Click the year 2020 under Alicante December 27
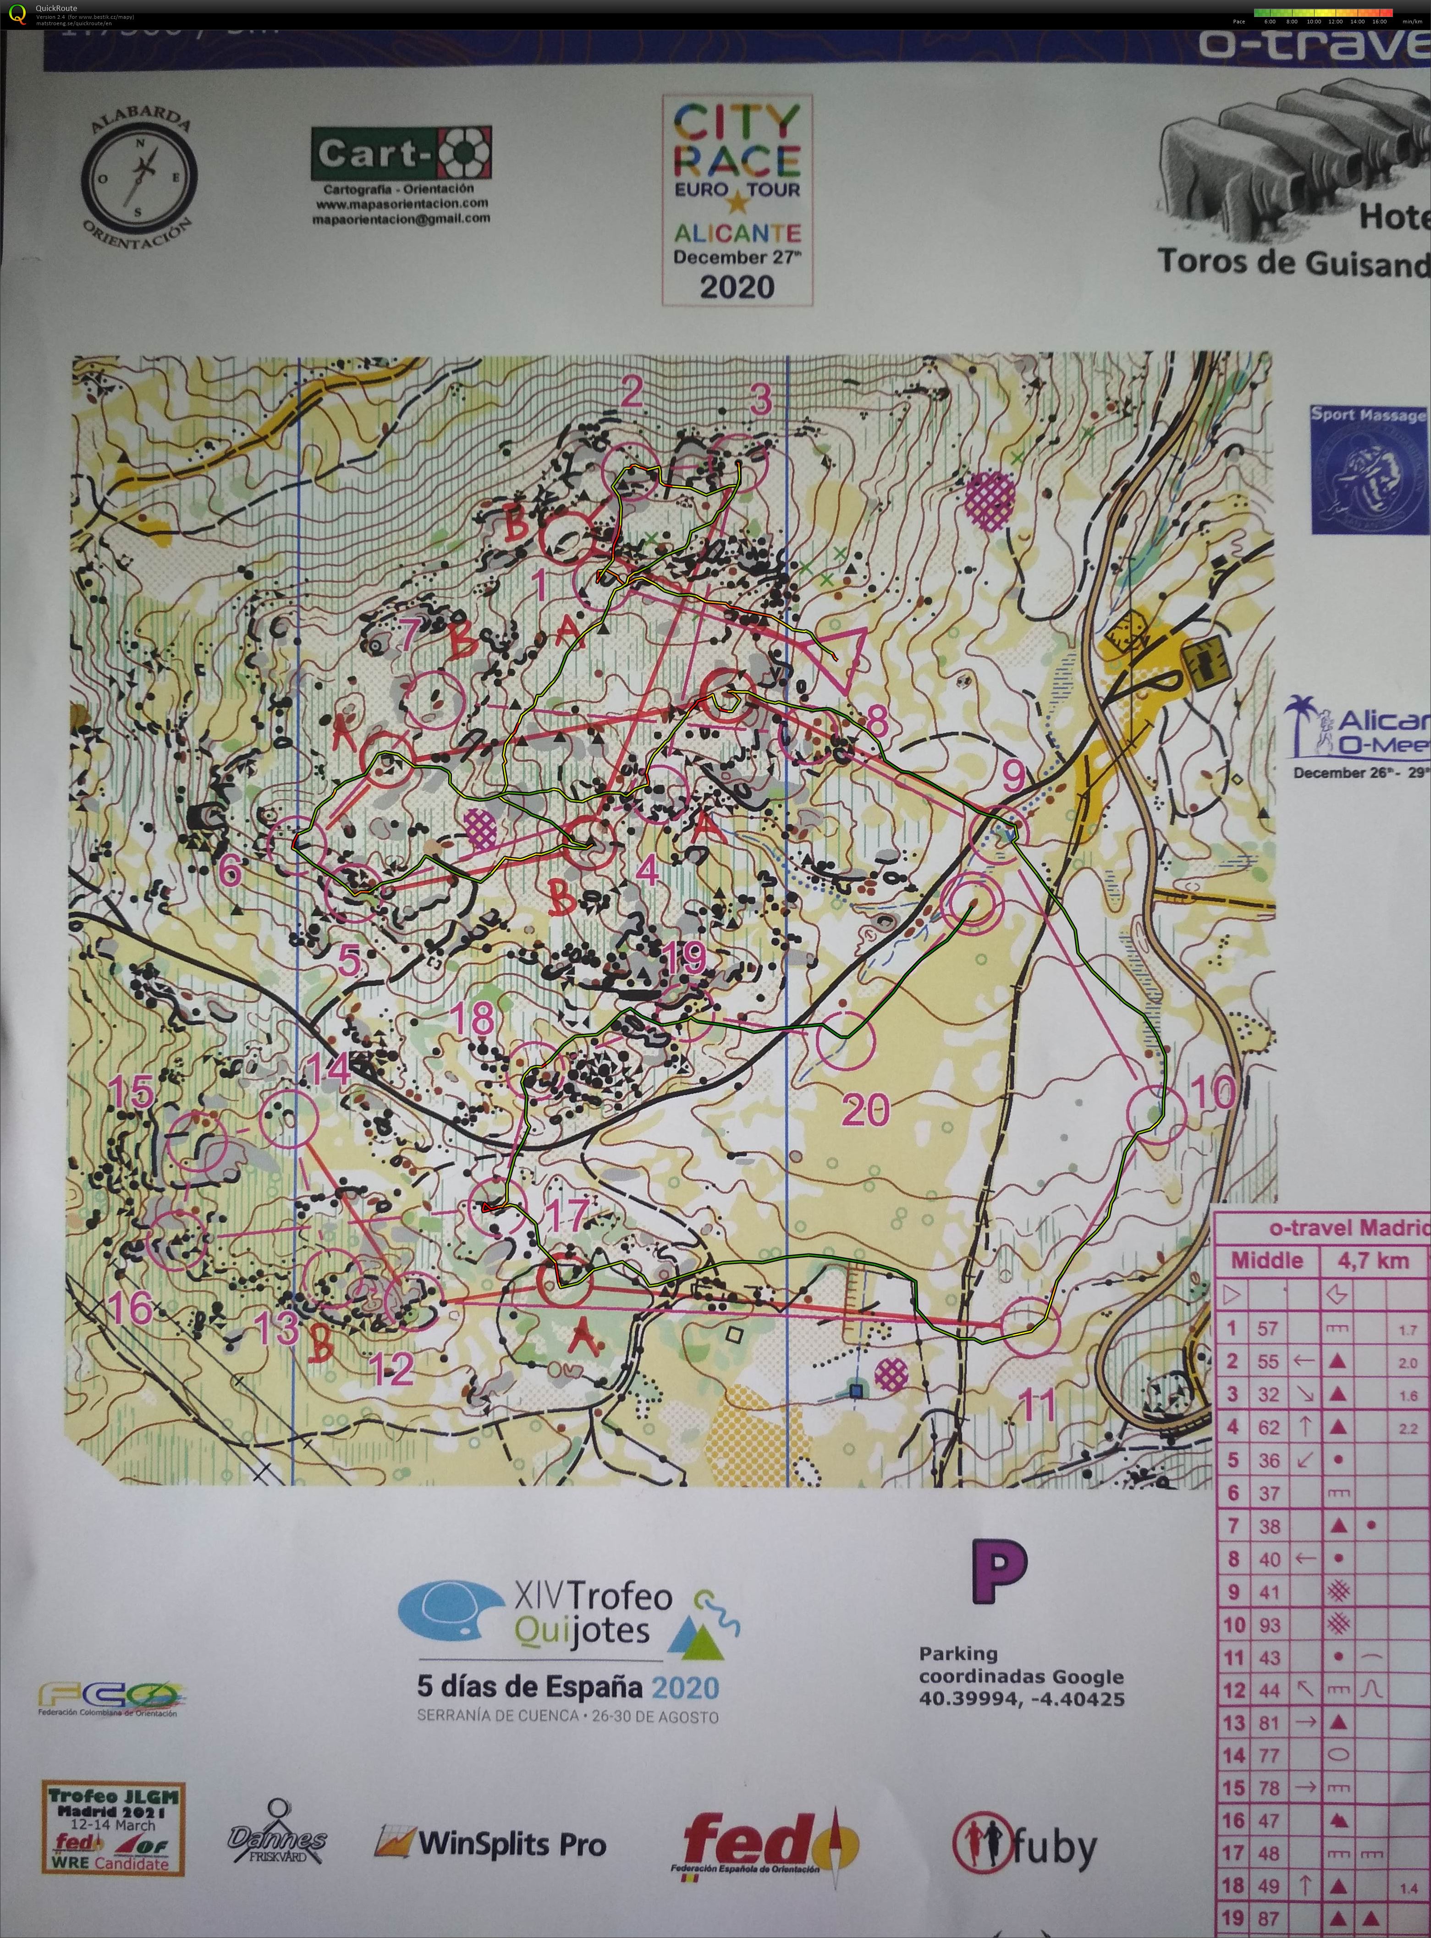pyautogui.click(x=737, y=287)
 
